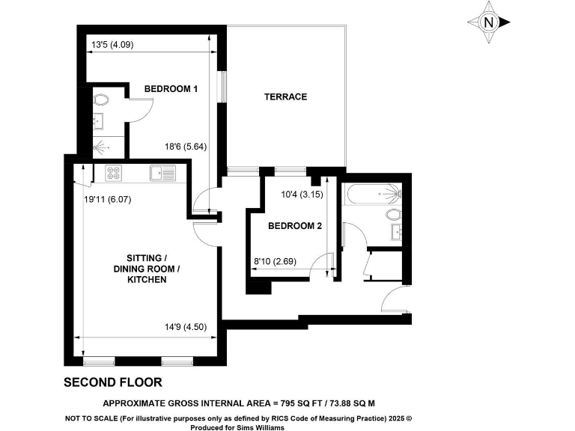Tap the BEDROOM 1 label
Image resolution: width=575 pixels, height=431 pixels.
pyautogui.click(x=171, y=89)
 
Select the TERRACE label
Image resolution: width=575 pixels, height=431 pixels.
pyautogui.click(x=285, y=97)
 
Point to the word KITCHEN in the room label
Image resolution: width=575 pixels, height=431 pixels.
pyautogui.click(x=147, y=279)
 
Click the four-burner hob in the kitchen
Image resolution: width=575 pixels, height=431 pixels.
pyautogui.click(x=114, y=173)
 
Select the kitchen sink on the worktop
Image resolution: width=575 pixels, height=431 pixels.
pyautogui.click(x=162, y=173)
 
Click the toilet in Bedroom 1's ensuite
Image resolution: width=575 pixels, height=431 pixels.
pyautogui.click(x=101, y=98)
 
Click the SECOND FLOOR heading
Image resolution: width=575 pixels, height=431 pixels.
pyautogui.click(x=112, y=382)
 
